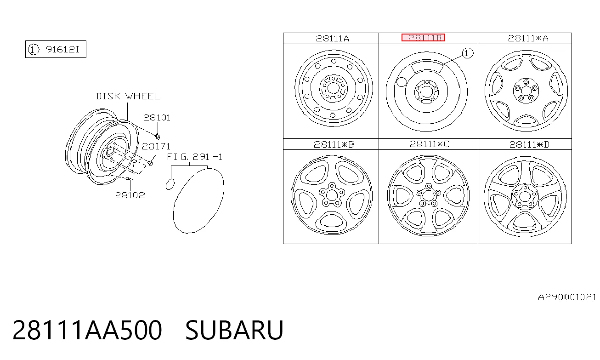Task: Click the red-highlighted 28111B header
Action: pos(423,38)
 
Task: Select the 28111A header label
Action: pos(333,39)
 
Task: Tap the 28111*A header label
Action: pos(528,38)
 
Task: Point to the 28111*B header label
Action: pos(334,145)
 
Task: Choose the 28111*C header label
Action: pos(430,144)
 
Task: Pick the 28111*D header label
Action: pos(529,145)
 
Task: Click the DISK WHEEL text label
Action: pos(128,96)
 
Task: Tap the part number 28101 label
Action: pos(157,118)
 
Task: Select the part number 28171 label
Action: pos(156,146)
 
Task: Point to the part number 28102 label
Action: pos(130,195)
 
